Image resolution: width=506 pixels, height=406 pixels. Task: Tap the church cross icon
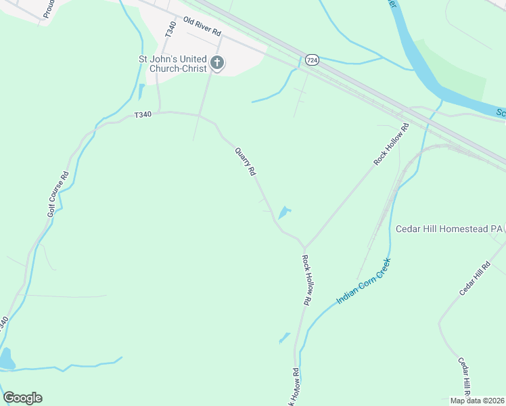tap(217, 64)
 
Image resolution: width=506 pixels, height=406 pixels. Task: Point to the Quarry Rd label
tap(245, 162)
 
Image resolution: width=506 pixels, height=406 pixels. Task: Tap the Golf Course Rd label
tap(58, 194)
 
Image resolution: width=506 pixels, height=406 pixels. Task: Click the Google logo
tap(22, 398)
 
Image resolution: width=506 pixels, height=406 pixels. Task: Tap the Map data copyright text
tap(477, 401)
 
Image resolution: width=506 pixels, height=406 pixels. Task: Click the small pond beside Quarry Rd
tap(284, 213)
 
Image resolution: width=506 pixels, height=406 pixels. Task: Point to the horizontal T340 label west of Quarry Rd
tap(143, 115)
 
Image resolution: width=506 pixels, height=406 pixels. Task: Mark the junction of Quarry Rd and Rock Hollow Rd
tap(304, 248)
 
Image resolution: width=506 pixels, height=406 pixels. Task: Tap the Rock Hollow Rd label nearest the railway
tap(392, 144)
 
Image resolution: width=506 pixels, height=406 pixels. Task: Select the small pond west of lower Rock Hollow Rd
tap(284, 338)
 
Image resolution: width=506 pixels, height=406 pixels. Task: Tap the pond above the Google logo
tap(6, 359)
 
